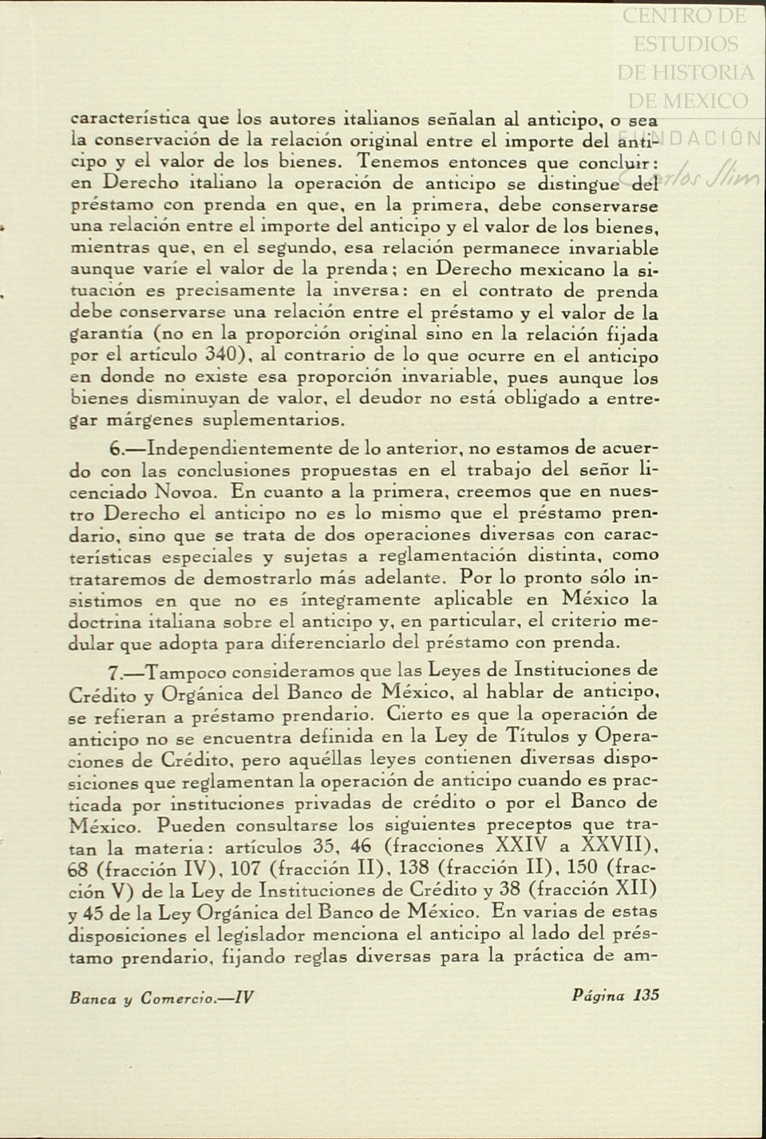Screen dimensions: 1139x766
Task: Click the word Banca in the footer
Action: point(92,998)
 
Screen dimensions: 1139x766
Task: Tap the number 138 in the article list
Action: point(414,868)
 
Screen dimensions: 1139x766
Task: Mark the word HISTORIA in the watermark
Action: point(685,72)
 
